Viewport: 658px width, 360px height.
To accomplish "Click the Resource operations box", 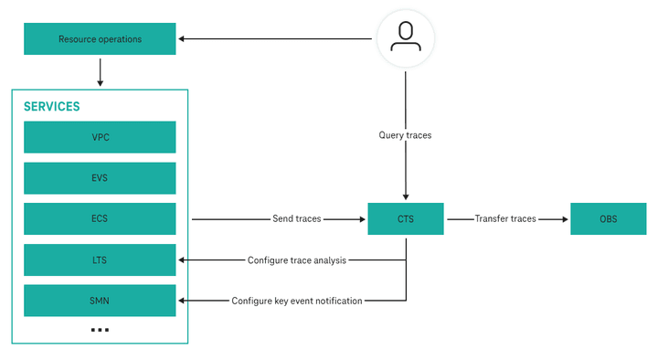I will pyautogui.click(x=100, y=39).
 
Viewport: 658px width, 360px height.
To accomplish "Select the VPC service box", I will pyautogui.click(x=100, y=137).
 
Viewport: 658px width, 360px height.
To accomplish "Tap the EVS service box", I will pyautogui.click(x=100, y=178).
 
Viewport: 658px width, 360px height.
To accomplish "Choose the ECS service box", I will pyautogui.click(x=100, y=219).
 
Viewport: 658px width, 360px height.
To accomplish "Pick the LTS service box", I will pyautogui.click(x=100, y=260).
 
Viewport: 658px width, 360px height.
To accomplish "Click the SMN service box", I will pyautogui.click(x=100, y=301).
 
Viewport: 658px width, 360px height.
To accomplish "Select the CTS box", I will pyautogui.click(x=406, y=219).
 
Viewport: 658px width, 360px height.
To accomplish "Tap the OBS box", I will pyautogui.click(x=608, y=219).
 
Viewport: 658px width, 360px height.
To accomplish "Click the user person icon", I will pyautogui.click(x=405, y=37).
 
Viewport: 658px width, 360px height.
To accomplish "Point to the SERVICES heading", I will pyautogui.click(x=51, y=106).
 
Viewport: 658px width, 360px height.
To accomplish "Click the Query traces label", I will pyautogui.click(x=405, y=135).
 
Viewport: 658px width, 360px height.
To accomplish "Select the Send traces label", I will pyautogui.click(x=297, y=219).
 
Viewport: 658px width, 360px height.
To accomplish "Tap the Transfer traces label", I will pyautogui.click(x=505, y=219).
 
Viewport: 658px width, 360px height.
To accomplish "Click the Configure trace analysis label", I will pyautogui.click(x=297, y=260).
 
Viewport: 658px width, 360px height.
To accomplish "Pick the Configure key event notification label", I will pyautogui.click(x=297, y=301).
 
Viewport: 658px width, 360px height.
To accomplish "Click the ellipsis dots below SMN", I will pyautogui.click(x=100, y=329).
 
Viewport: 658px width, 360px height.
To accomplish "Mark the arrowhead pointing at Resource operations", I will pyautogui.click(x=182, y=38).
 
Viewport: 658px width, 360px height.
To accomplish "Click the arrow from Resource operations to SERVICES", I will pyautogui.click(x=100, y=71).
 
